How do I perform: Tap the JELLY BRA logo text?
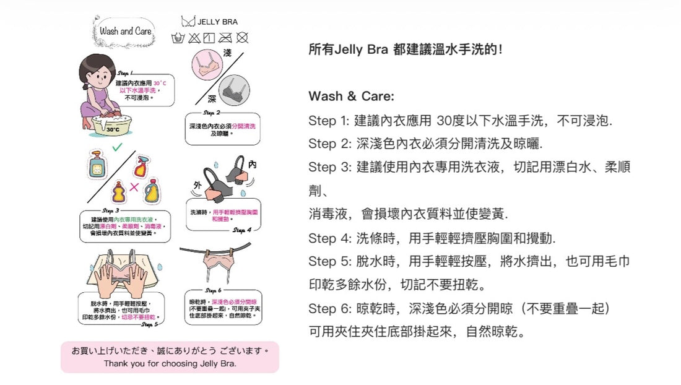click(217, 22)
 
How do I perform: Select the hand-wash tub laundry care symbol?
click(178, 38)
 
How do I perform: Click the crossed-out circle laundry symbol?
click(242, 38)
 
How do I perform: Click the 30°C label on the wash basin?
click(112, 129)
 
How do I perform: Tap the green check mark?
click(117, 147)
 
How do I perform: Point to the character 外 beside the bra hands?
click(197, 185)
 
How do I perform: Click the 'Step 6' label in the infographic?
click(213, 290)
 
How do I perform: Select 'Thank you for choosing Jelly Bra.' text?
click(170, 363)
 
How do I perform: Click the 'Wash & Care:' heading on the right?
click(351, 97)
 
